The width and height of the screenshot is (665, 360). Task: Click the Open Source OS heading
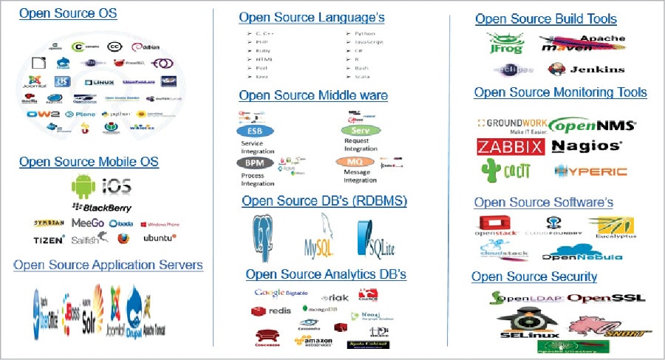tap(67, 13)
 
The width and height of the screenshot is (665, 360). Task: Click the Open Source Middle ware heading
tap(313, 95)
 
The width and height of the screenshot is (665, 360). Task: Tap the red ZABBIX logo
tap(510, 146)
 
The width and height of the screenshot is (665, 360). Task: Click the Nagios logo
tap(587, 146)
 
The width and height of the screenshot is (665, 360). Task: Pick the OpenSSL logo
tap(606, 299)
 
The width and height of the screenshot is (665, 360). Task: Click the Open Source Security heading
tap(534, 276)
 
